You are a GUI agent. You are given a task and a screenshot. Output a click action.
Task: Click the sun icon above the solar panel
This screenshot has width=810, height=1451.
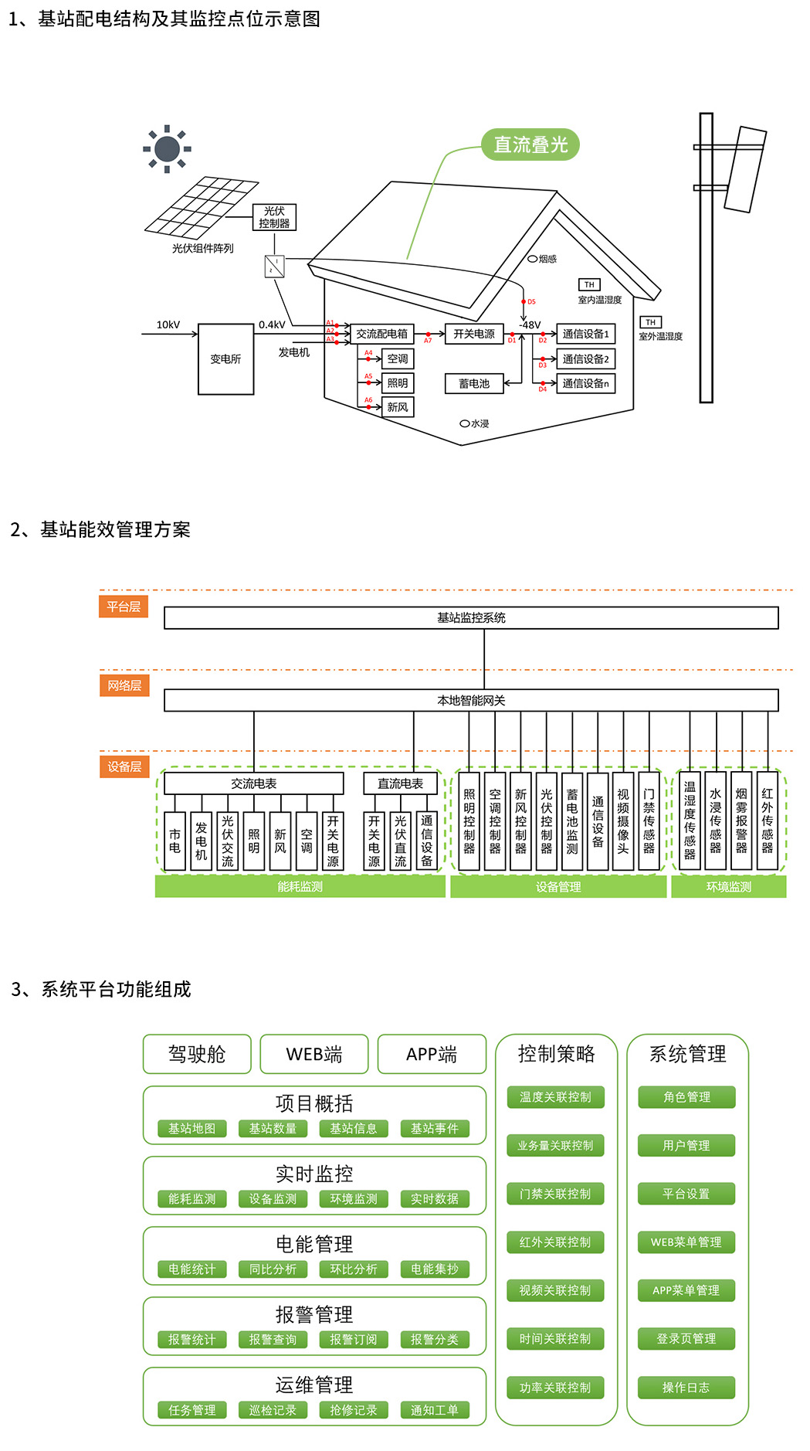point(167,148)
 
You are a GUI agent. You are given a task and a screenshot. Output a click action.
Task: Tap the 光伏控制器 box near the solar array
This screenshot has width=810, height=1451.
point(274,217)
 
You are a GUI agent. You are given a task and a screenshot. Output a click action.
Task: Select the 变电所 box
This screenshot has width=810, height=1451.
point(225,359)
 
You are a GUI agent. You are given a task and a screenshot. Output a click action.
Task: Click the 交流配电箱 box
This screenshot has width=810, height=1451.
point(381,334)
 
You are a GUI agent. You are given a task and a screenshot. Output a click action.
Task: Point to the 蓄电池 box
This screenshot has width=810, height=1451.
point(474,383)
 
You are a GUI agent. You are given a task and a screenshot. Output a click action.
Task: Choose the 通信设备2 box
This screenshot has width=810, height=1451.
point(585,359)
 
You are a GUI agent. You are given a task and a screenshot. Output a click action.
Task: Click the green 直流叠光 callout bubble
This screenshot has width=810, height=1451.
point(530,144)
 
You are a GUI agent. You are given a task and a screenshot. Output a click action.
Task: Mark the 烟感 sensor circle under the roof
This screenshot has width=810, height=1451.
point(533,259)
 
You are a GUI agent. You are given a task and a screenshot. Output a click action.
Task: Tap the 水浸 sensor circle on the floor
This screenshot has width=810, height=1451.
point(465,423)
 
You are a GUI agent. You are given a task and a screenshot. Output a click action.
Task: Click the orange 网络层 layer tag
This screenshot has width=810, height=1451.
point(124,685)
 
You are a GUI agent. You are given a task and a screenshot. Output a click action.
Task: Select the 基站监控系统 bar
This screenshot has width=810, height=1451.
point(471,618)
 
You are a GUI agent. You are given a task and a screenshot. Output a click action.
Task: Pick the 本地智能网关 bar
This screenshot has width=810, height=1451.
point(471,700)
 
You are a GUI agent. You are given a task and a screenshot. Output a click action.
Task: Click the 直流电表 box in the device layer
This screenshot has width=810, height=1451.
point(400,783)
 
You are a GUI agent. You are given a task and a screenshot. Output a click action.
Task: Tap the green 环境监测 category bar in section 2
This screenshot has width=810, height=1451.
point(728,887)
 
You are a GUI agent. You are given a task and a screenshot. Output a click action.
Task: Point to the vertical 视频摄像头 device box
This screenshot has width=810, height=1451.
point(623,821)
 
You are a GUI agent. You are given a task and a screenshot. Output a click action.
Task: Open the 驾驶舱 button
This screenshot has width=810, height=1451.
point(197,1054)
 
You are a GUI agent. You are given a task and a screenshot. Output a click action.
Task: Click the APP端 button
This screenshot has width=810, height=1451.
point(432,1054)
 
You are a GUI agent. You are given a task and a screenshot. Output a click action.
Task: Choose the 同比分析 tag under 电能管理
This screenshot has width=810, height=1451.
point(273,1269)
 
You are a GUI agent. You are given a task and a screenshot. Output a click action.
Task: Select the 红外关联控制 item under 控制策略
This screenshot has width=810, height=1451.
point(555,1242)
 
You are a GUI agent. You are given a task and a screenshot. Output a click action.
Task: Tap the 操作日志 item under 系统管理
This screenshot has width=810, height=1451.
point(686,1388)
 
